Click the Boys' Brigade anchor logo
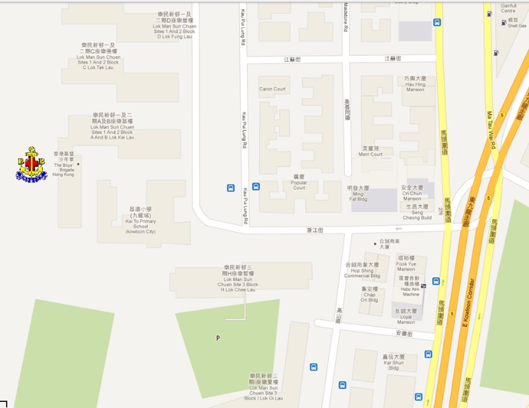[x=31, y=164]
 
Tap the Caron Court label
[x=272, y=89]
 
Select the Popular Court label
[x=299, y=184]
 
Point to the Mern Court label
[x=370, y=151]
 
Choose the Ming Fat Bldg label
[x=358, y=191]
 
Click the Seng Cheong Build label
[x=418, y=214]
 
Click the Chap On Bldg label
[x=369, y=294]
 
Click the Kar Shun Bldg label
[x=394, y=364]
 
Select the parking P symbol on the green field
[x=217, y=338]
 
